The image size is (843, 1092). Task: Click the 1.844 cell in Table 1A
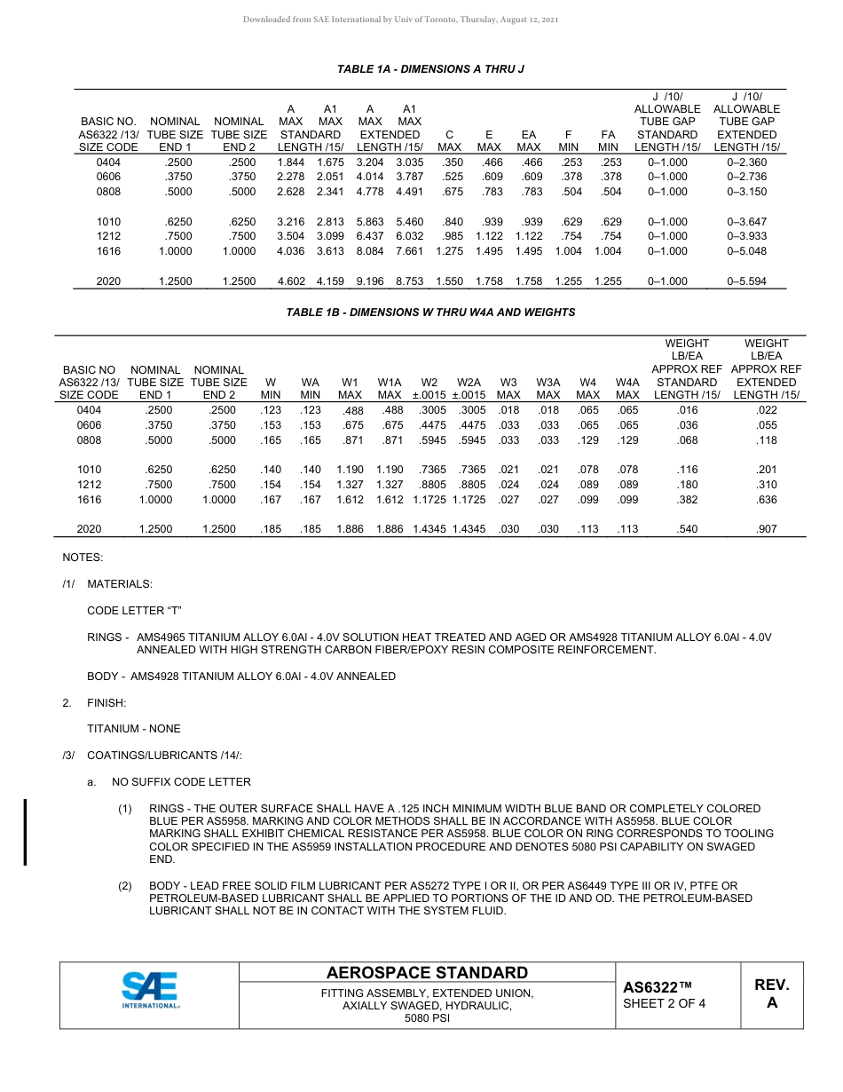click(291, 162)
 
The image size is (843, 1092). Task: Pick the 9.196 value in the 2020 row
click(370, 281)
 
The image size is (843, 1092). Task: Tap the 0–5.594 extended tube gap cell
click(746, 281)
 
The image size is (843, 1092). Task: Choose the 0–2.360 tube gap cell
click(746, 162)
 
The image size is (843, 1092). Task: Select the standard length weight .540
click(687, 529)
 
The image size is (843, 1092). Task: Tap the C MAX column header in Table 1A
click(450, 140)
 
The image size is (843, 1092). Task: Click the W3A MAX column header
click(548, 388)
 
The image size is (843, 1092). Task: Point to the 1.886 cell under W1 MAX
click(351, 529)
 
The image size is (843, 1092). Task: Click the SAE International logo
click(150, 990)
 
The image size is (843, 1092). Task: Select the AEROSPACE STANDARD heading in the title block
click(427, 973)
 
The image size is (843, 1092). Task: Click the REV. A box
click(771, 994)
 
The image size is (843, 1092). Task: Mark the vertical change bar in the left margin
click(25, 832)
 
